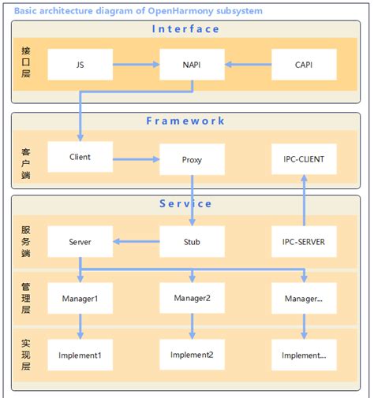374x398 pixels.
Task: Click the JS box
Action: (x=80, y=65)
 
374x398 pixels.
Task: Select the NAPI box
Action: (x=192, y=65)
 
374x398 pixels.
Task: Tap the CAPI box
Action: (x=304, y=65)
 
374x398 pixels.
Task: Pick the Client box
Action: (x=80, y=157)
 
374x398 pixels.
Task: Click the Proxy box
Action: (x=192, y=159)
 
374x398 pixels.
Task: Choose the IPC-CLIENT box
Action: (x=304, y=159)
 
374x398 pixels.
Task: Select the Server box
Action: (x=80, y=241)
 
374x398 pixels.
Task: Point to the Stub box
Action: (x=192, y=241)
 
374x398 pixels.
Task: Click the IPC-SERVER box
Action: (x=304, y=241)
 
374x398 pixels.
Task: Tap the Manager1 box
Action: (x=80, y=299)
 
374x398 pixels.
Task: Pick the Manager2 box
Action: (x=192, y=298)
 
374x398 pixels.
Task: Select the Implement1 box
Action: (x=80, y=355)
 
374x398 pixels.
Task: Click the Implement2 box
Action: (x=192, y=355)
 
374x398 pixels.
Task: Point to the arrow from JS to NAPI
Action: (x=136, y=65)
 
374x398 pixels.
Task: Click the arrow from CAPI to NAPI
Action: (x=248, y=65)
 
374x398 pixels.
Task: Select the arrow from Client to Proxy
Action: (x=136, y=159)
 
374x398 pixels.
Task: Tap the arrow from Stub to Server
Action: (x=136, y=241)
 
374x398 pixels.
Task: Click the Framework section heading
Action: (x=186, y=121)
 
